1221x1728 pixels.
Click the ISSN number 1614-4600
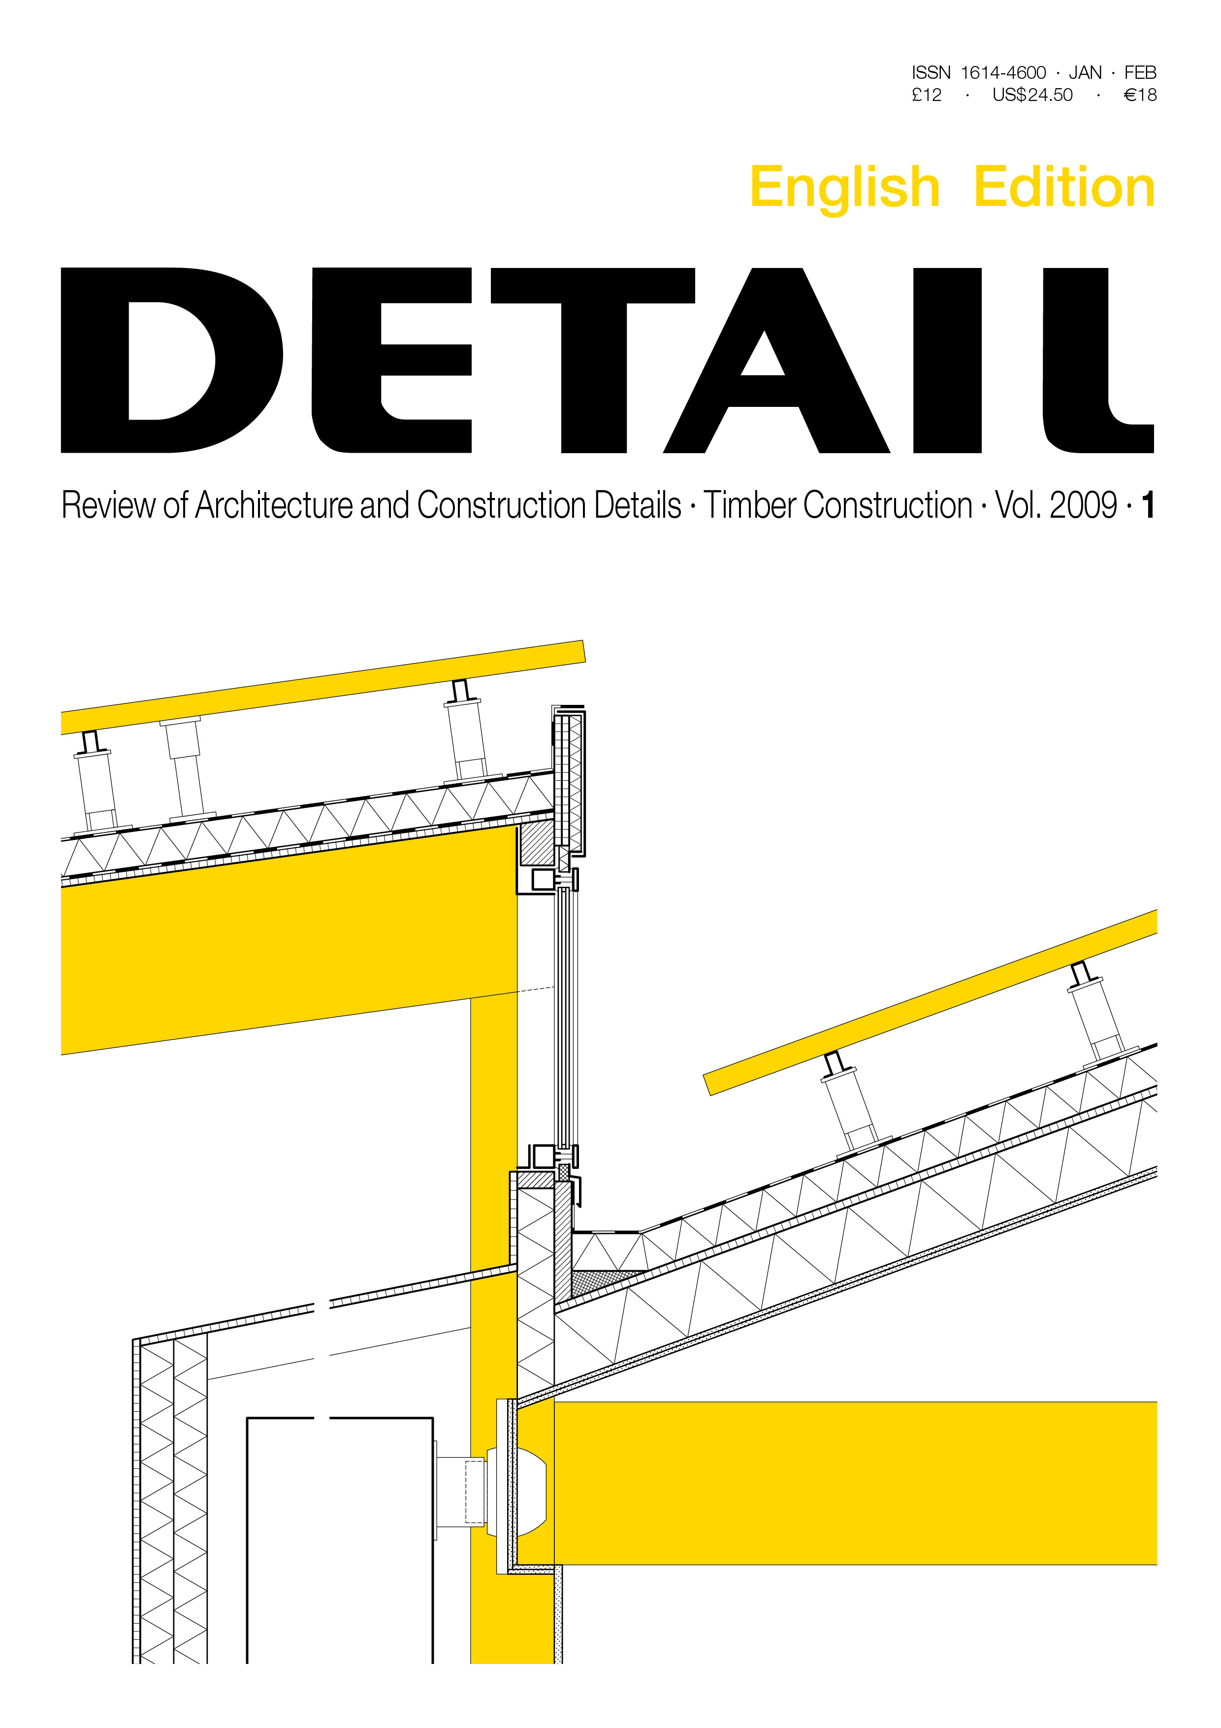(1003, 72)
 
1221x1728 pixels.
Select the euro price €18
(1140, 95)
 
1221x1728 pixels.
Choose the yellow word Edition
(1064, 187)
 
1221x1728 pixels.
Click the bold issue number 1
(1147, 505)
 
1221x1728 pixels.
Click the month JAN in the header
(1085, 72)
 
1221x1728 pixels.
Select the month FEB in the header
(1141, 72)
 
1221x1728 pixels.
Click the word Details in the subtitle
(637, 505)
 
